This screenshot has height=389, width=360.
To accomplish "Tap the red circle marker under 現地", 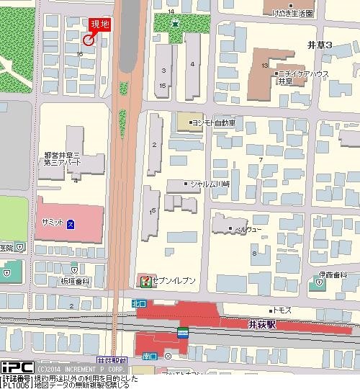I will point(88,41).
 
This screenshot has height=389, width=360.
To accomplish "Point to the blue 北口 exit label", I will point(138,305).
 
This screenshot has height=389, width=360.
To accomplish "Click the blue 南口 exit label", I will point(150,356).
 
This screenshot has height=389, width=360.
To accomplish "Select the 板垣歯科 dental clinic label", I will point(75,281).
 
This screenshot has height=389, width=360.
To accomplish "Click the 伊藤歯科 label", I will point(336,274).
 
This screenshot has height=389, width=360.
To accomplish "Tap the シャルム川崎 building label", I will point(209,184).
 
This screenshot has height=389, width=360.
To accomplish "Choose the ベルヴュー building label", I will point(244,229).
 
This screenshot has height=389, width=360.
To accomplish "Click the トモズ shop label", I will point(281,309).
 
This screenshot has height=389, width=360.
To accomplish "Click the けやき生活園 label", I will point(292,13).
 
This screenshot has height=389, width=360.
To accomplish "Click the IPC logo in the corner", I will point(14,367).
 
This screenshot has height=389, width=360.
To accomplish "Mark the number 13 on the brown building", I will point(265,66).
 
